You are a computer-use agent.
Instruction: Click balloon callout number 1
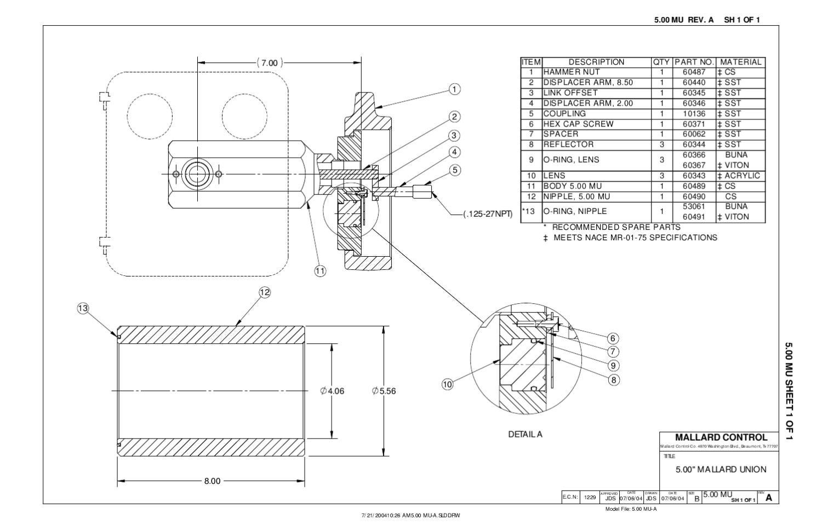[454, 89]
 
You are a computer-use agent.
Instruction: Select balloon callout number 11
[321, 270]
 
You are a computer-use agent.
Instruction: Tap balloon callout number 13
[83, 309]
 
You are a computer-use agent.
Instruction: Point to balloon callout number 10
[448, 384]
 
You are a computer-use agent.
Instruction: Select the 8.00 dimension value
[212, 481]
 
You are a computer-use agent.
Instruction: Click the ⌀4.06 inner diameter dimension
[333, 391]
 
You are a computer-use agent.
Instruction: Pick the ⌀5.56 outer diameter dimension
[384, 391]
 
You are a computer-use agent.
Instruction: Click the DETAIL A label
[525, 434]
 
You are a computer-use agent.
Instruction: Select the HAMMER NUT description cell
[572, 72]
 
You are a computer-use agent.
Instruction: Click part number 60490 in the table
[694, 196]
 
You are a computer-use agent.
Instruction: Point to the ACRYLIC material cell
[740, 176]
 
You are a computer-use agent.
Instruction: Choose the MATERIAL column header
[741, 62]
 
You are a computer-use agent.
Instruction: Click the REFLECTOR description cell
[568, 145]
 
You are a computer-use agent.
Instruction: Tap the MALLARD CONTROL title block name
[721, 437]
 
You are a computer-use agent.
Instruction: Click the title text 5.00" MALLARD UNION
[721, 469]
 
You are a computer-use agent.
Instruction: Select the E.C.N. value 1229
[590, 498]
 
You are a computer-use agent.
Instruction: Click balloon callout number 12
[265, 292]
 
